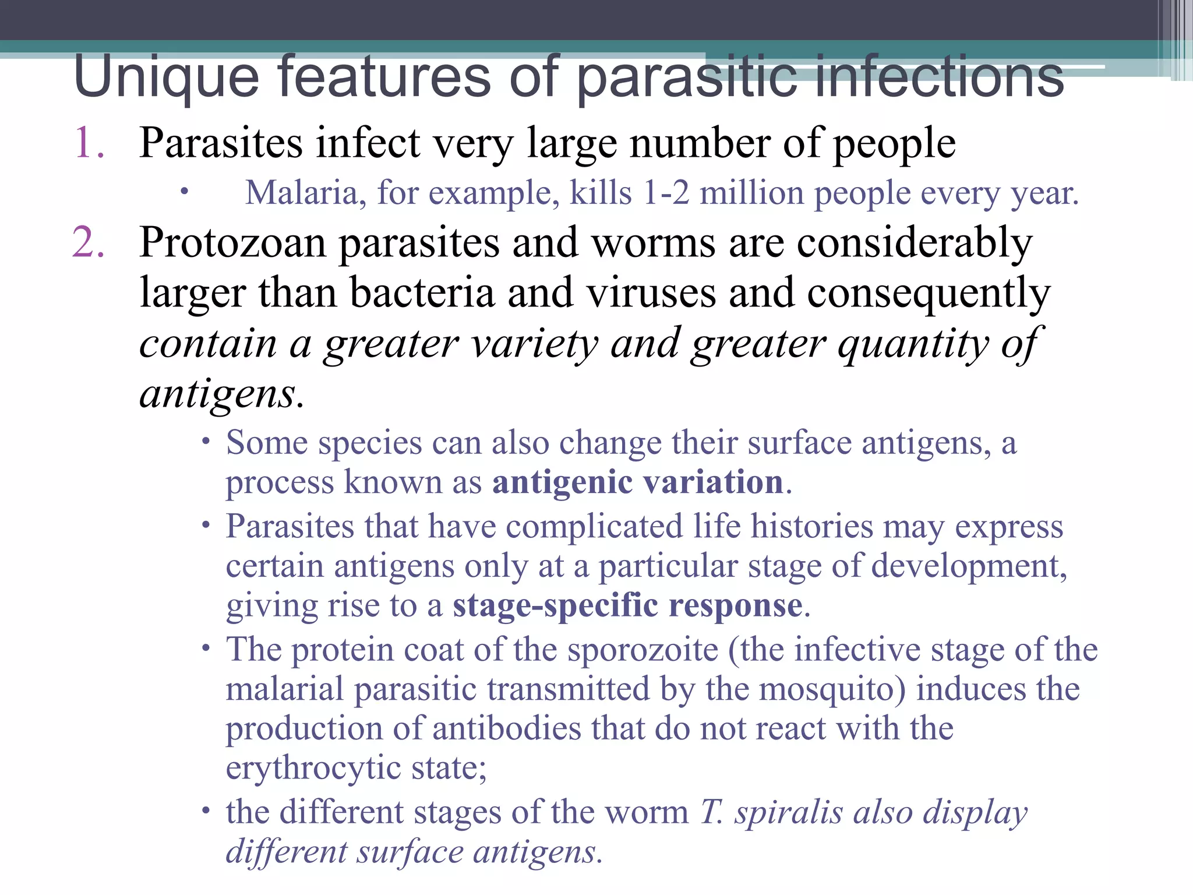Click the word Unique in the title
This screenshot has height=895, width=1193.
point(167,77)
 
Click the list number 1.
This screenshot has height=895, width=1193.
point(89,143)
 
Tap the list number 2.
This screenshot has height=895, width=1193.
point(89,242)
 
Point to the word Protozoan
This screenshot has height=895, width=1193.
point(232,242)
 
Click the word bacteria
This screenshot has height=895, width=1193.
point(422,293)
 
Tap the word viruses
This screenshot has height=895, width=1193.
point(651,293)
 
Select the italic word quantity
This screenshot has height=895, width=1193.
point(912,344)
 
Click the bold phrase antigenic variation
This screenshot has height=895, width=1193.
point(638,482)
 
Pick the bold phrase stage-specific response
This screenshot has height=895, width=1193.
point(628,605)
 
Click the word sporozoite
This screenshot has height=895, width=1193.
point(643,650)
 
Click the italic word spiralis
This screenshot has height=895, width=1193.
point(788,812)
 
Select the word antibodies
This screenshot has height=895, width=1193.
point(507,729)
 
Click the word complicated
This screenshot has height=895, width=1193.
point(594,527)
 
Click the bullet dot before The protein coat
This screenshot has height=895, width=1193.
point(205,648)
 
